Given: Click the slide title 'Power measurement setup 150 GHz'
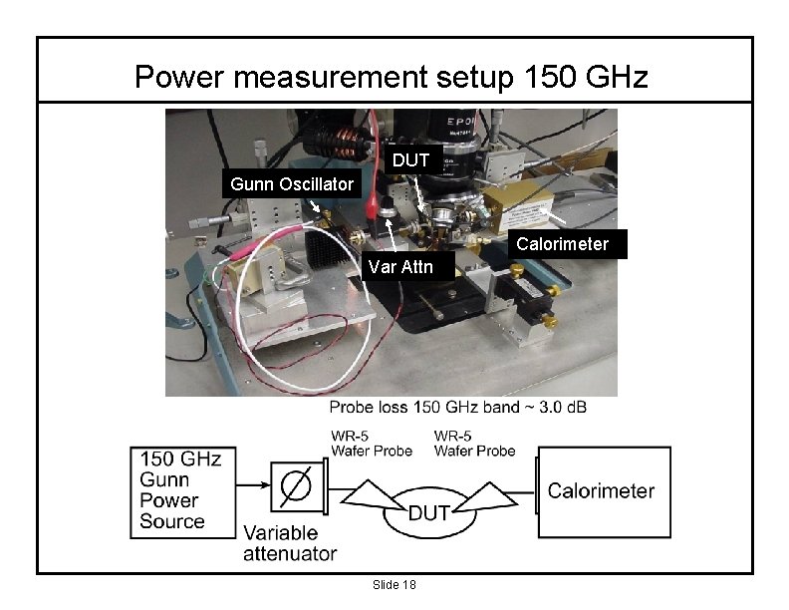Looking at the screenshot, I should (392, 76).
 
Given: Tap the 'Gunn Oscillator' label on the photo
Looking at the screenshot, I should (291, 184).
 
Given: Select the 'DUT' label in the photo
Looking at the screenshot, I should (410, 160).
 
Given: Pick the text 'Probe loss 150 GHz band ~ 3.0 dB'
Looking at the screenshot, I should (464, 408).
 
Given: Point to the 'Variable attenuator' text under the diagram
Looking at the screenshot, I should (290, 544).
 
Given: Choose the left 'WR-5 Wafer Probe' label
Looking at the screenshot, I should (371, 444).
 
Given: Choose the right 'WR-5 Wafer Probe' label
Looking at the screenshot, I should (474, 444).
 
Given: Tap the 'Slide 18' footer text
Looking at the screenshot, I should (394, 584).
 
